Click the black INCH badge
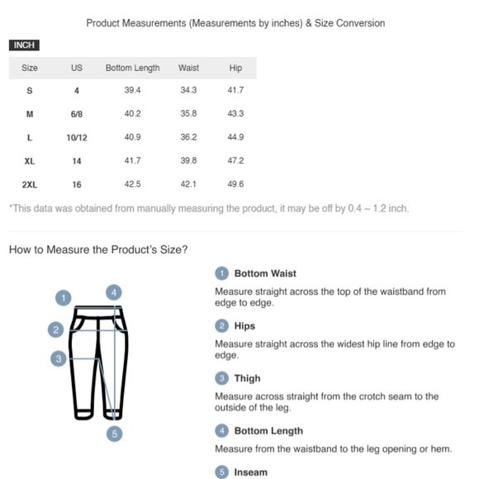(x=24, y=45)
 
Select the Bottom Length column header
(x=132, y=68)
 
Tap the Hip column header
(x=235, y=68)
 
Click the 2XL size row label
(x=30, y=184)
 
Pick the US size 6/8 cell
(x=77, y=114)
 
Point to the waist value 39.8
(x=188, y=160)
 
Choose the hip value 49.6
(x=235, y=184)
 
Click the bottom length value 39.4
(x=132, y=90)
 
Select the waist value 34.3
(x=188, y=90)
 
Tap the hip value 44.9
(x=235, y=137)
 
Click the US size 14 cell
(x=77, y=160)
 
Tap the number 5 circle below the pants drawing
(x=114, y=434)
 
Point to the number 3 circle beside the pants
(x=59, y=358)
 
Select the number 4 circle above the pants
(x=114, y=292)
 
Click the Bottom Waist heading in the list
(x=265, y=273)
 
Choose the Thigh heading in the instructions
(x=247, y=378)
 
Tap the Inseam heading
(x=251, y=472)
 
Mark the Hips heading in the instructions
(x=244, y=325)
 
